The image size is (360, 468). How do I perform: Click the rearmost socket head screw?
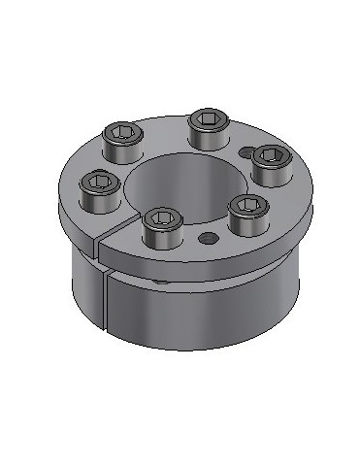coord(208,127)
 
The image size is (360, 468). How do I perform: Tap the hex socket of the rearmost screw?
coord(208,117)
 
